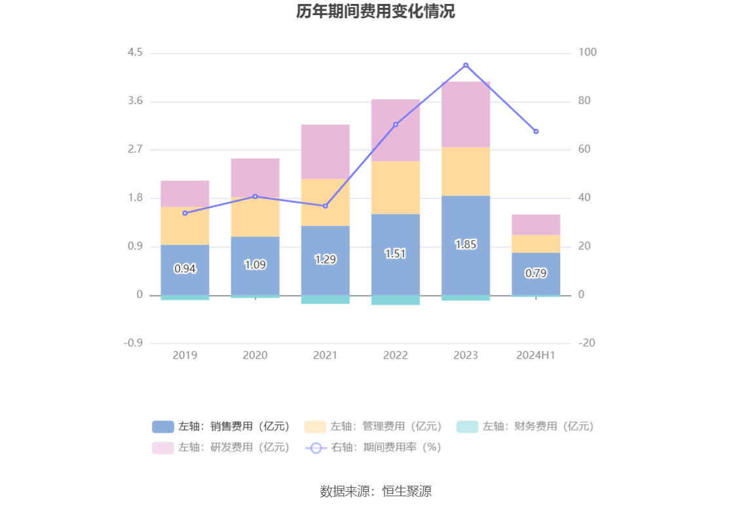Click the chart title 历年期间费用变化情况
click(375, 12)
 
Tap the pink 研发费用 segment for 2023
click(466, 114)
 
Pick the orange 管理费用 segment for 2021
click(325, 202)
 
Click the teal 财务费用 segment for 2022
click(396, 300)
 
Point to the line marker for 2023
click(466, 65)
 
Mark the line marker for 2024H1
click(536, 132)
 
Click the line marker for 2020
click(255, 196)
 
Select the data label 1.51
click(396, 254)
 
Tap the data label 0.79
click(536, 274)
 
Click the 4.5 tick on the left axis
click(136, 52)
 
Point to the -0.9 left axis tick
click(134, 343)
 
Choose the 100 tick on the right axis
click(588, 52)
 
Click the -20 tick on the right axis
click(587, 343)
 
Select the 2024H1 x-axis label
click(536, 355)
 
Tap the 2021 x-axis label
click(325, 355)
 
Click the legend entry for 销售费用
click(221, 426)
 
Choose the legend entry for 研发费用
click(221, 447)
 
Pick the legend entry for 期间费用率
click(373, 447)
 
